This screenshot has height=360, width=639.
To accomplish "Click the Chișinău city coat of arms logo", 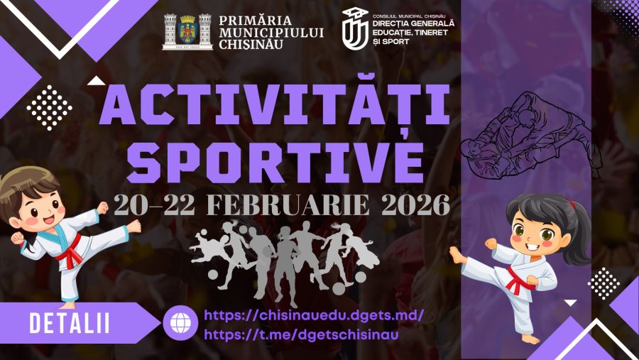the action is pos(187,32).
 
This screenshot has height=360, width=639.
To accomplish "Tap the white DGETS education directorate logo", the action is pos(354,28).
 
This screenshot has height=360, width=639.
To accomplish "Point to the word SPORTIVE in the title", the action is pos(275,163).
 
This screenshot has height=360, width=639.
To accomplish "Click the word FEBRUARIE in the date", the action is pos(288,205).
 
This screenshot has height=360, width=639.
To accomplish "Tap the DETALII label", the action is pos(70,323).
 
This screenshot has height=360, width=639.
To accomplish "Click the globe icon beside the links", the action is pos(180,323).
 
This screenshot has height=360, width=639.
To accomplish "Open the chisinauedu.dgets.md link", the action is pos(314,315).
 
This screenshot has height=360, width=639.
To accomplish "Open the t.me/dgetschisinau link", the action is pos(301,334).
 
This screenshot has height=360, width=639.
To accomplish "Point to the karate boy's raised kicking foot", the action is pos(134,226).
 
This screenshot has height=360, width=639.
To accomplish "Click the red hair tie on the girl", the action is pos(572,204).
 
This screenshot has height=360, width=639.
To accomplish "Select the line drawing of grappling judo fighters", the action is pos(531,134).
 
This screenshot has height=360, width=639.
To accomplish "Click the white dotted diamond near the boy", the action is pos(49,108).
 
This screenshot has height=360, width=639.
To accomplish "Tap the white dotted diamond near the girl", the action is pos(604,284).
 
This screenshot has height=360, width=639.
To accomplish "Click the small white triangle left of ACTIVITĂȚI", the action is pos(96,81).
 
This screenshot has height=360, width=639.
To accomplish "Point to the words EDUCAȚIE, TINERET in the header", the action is pos(410,33).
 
